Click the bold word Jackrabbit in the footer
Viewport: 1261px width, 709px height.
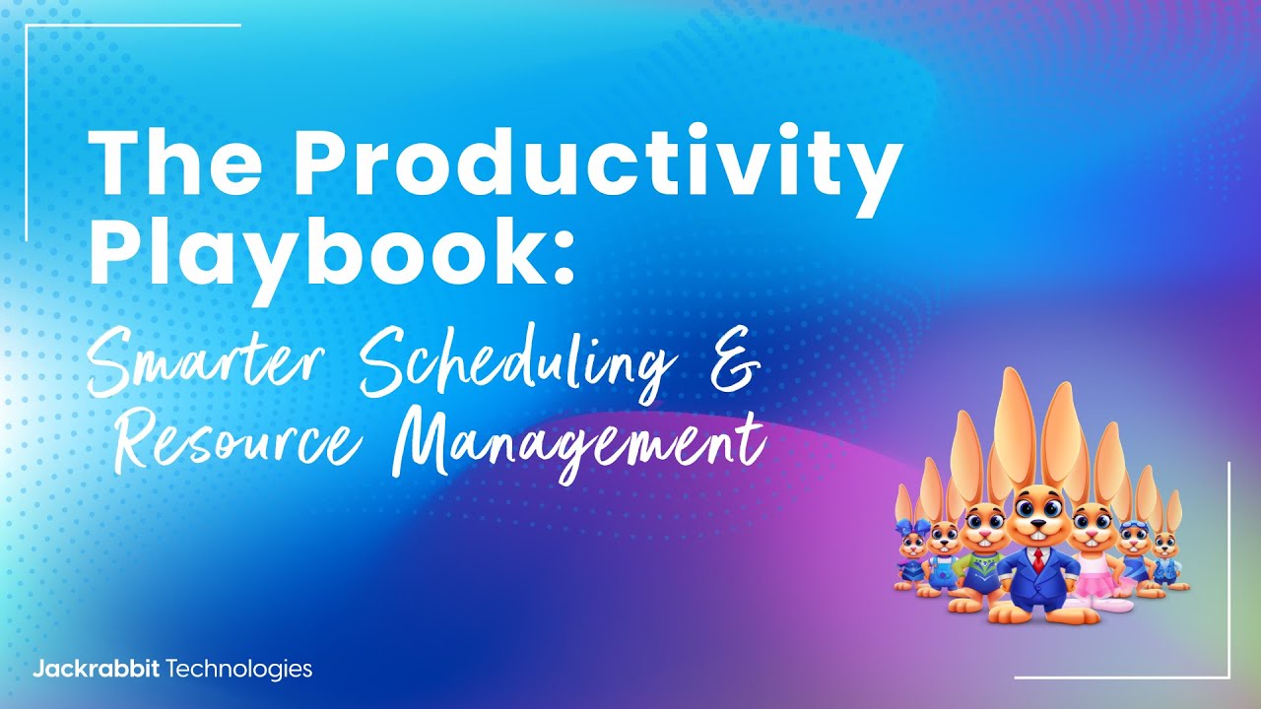pos(98,670)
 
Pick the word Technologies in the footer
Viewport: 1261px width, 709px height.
pos(240,670)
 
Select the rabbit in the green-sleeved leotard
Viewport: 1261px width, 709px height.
pos(981,551)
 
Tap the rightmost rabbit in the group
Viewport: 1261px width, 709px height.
pos(1167,556)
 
